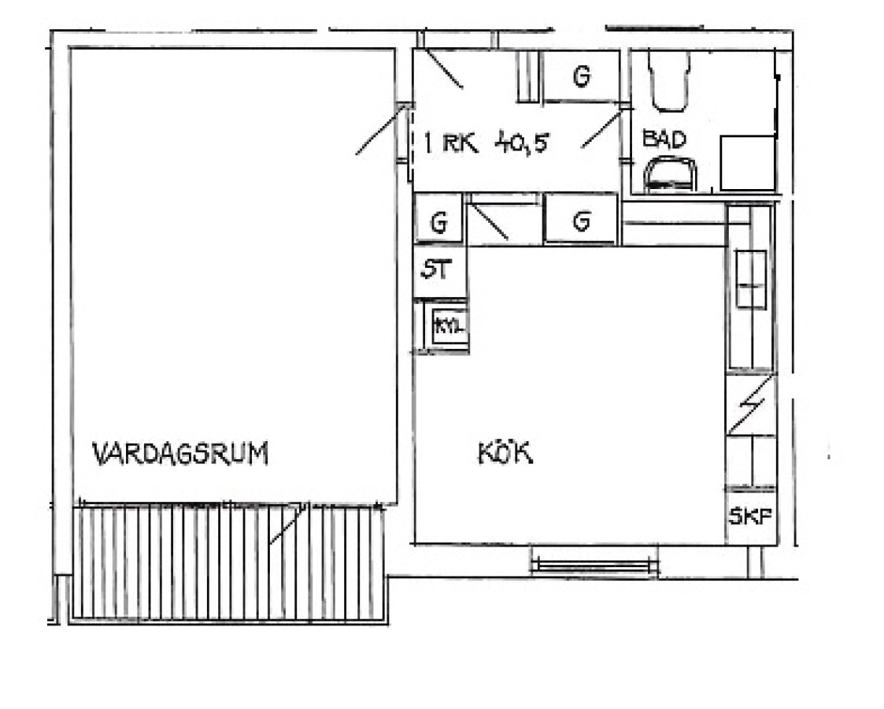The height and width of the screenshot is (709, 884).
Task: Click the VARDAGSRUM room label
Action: (x=180, y=454)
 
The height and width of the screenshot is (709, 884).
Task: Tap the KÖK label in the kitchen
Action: (x=505, y=452)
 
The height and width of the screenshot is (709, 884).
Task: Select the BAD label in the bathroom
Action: (x=664, y=139)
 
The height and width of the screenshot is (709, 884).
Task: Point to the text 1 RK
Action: (x=450, y=143)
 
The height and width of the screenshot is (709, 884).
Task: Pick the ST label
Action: (x=436, y=269)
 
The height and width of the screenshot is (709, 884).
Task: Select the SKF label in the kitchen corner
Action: (x=750, y=516)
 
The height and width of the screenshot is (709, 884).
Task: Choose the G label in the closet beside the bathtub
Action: (x=582, y=76)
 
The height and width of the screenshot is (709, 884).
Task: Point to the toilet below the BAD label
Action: (x=670, y=174)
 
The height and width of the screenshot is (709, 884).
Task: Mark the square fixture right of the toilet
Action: (x=748, y=162)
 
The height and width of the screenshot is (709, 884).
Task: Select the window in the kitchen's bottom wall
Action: (x=595, y=565)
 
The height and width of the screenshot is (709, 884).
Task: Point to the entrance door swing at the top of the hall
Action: (x=443, y=69)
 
